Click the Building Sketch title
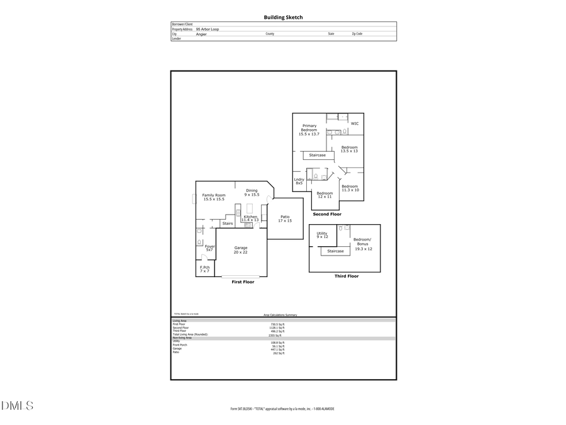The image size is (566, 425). (x=282, y=18)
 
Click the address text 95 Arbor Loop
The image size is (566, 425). (x=207, y=29)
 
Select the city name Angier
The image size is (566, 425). (x=201, y=34)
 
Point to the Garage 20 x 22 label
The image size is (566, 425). (x=240, y=249)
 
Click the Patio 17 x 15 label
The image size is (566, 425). (x=285, y=218)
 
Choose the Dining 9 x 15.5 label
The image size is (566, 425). (x=252, y=193)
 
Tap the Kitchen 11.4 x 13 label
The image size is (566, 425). (x=250, y=218)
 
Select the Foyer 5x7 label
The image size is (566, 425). (x=209, y=248)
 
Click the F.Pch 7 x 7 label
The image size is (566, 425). (x=204, y=269)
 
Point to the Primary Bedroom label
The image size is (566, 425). (x=309, y=130)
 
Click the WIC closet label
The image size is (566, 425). (x=354, y=123)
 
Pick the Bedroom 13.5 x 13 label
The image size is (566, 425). (x=349, y=149)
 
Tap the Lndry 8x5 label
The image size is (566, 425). (x=299, y=181)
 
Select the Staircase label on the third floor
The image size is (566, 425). (x=335, y=251)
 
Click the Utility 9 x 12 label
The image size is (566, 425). (x=322, y=235)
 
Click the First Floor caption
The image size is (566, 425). (x=243, y=282)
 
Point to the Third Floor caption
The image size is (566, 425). (x=346, y=276)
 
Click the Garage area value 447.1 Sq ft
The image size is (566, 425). (x=277, y=349)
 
